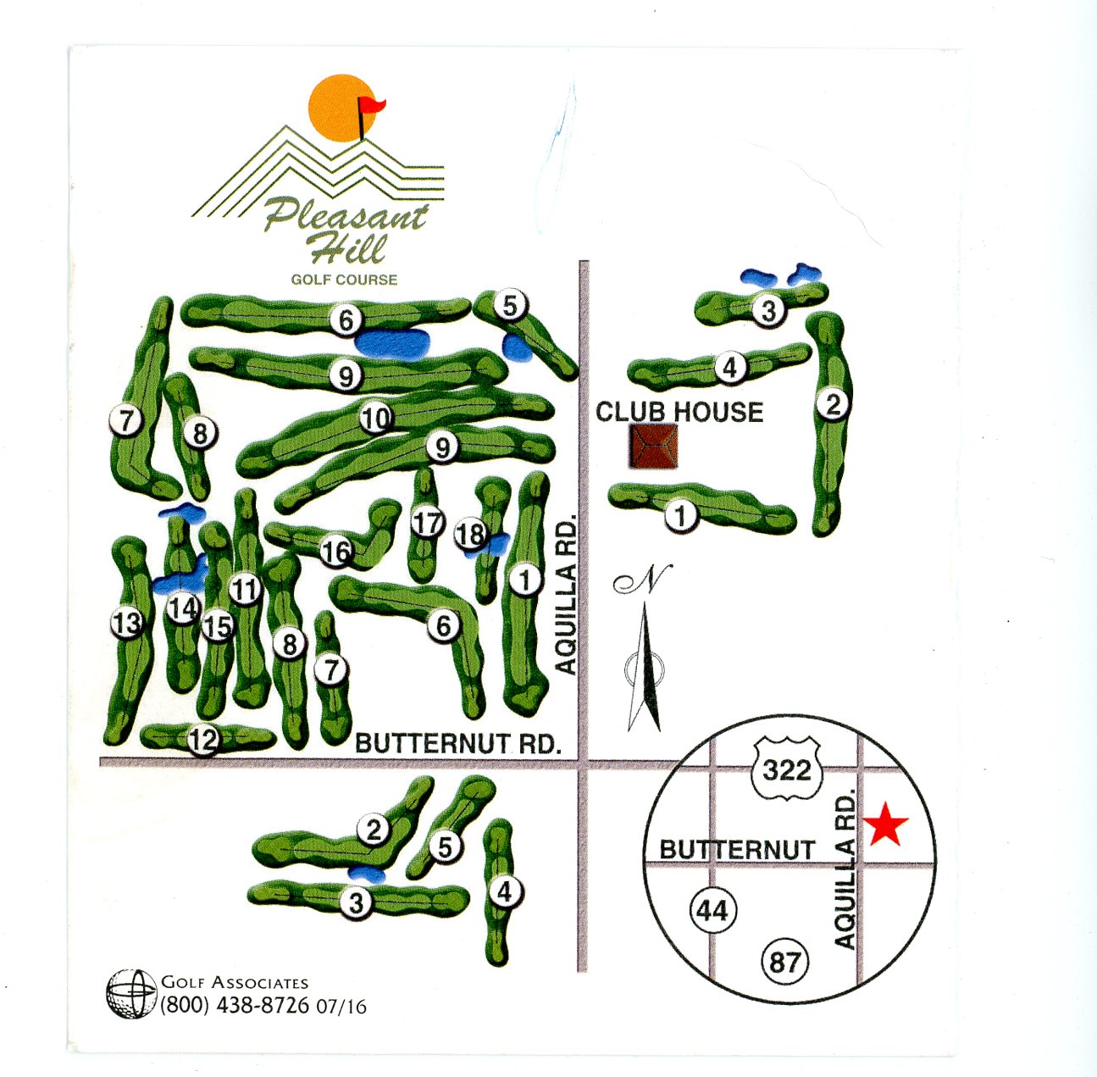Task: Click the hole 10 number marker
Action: point(376,418)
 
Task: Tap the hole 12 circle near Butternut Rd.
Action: point(203,740)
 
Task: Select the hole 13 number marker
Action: point(127,624)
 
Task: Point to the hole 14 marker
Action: point(182,608)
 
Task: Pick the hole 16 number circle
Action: point(336,552)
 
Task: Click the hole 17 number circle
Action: point(428,523)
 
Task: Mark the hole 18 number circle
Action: point(470,534)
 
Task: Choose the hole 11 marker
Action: point(244,588)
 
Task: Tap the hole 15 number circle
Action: point(218,626)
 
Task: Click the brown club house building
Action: point(653,447)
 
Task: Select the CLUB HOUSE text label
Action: point(679,412)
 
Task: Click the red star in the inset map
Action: point(885,824)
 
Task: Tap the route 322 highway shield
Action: point(787,769)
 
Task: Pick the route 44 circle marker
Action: point(712,910)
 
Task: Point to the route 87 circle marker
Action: point(785,962)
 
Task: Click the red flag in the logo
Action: point(371,107)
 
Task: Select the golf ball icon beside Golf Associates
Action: point(131,994)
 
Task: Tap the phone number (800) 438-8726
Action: point(235,1006)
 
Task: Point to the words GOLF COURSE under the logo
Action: point(344,279)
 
